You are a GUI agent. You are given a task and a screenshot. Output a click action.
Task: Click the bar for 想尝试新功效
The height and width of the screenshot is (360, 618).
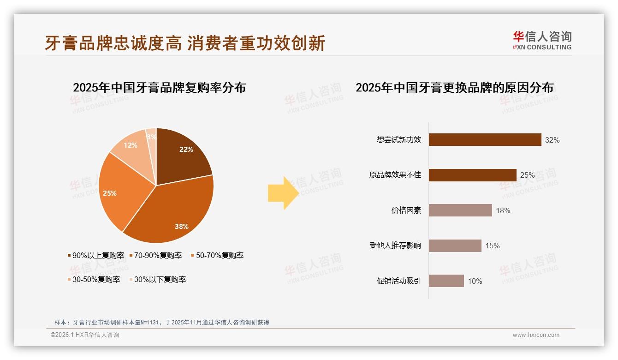tap(485, 139)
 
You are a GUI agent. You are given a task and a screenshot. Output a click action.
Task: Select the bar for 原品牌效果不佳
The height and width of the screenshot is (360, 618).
tap(472, 175)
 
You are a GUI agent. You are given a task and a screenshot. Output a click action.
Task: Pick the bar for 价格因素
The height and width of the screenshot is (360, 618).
tap(460, 210)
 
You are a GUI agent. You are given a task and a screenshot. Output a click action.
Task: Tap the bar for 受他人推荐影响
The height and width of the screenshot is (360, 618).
tap(455, 246)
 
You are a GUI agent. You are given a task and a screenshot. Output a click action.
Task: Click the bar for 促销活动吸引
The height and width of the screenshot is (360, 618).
tap(446, 281)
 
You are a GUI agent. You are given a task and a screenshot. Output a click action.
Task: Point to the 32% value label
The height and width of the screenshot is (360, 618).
tap(552, 140)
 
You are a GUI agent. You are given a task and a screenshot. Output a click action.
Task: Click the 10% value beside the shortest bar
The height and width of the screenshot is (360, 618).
tap(475, 281)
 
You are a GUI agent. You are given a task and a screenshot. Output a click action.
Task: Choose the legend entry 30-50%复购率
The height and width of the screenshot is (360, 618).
tap(94, 279)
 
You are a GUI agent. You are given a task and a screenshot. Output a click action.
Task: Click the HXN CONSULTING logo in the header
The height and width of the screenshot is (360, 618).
tap(542, 41)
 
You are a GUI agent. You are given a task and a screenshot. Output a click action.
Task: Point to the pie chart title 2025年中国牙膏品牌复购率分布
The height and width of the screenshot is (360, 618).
tap(159, 87)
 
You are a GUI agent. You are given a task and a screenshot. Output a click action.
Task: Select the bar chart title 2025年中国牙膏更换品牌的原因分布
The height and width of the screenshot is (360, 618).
tap(454, 87)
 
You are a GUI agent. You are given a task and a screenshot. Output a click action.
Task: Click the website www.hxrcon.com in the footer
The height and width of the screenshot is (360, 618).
tap(536, 335)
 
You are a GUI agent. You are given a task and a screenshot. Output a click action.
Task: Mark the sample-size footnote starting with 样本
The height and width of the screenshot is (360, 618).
tap(161, 322)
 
